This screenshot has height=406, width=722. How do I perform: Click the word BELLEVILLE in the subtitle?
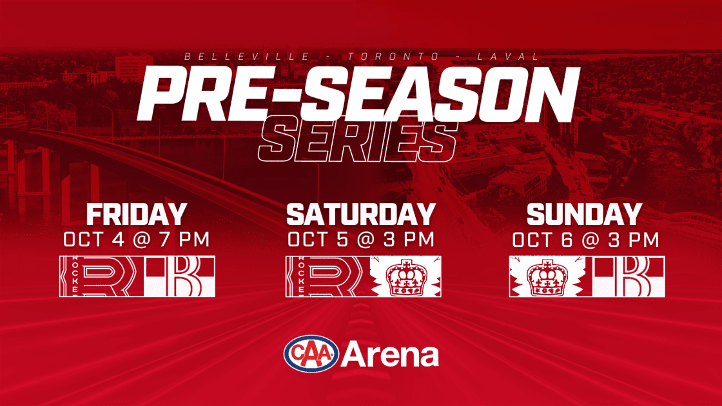247,57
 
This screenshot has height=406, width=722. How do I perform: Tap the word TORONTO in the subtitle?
394,57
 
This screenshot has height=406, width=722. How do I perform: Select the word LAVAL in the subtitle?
508,57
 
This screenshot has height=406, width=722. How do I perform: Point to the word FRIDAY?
137,215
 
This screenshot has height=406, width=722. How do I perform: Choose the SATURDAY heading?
361,215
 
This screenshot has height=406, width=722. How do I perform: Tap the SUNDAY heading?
585,215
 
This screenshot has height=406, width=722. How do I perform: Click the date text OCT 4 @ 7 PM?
137,239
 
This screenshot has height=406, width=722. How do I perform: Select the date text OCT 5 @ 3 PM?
361,239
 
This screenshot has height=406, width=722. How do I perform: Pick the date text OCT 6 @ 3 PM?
586,240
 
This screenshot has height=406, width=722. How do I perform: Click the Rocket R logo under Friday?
101,276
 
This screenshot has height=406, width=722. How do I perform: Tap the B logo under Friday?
180,276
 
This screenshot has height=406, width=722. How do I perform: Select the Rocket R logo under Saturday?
327,276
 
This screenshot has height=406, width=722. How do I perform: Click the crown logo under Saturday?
405,276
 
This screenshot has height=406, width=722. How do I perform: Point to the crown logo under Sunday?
547,276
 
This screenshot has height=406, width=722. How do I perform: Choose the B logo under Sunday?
629,276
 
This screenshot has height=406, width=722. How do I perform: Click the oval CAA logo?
311,354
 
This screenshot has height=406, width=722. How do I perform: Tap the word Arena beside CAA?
389,354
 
